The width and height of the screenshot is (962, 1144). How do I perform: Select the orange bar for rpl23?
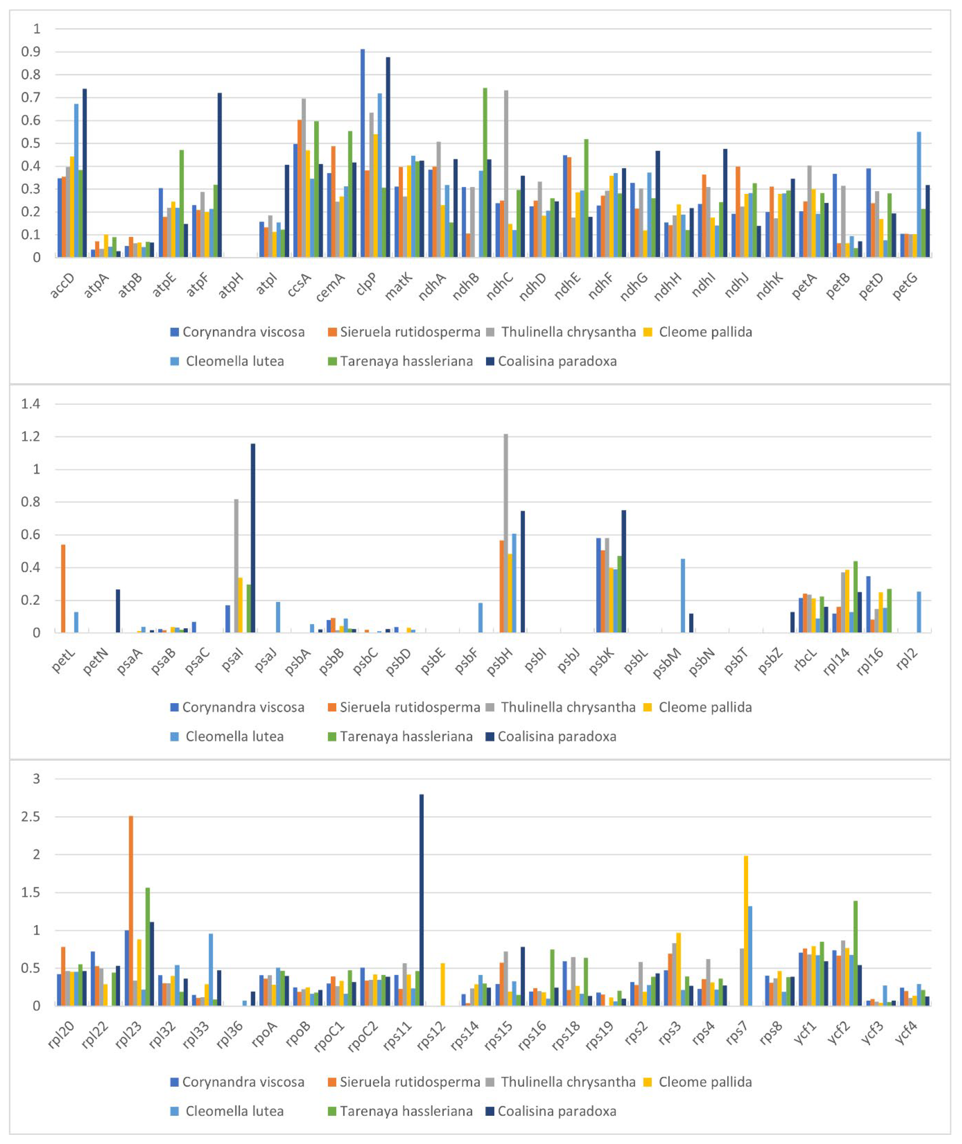(131, 911)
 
